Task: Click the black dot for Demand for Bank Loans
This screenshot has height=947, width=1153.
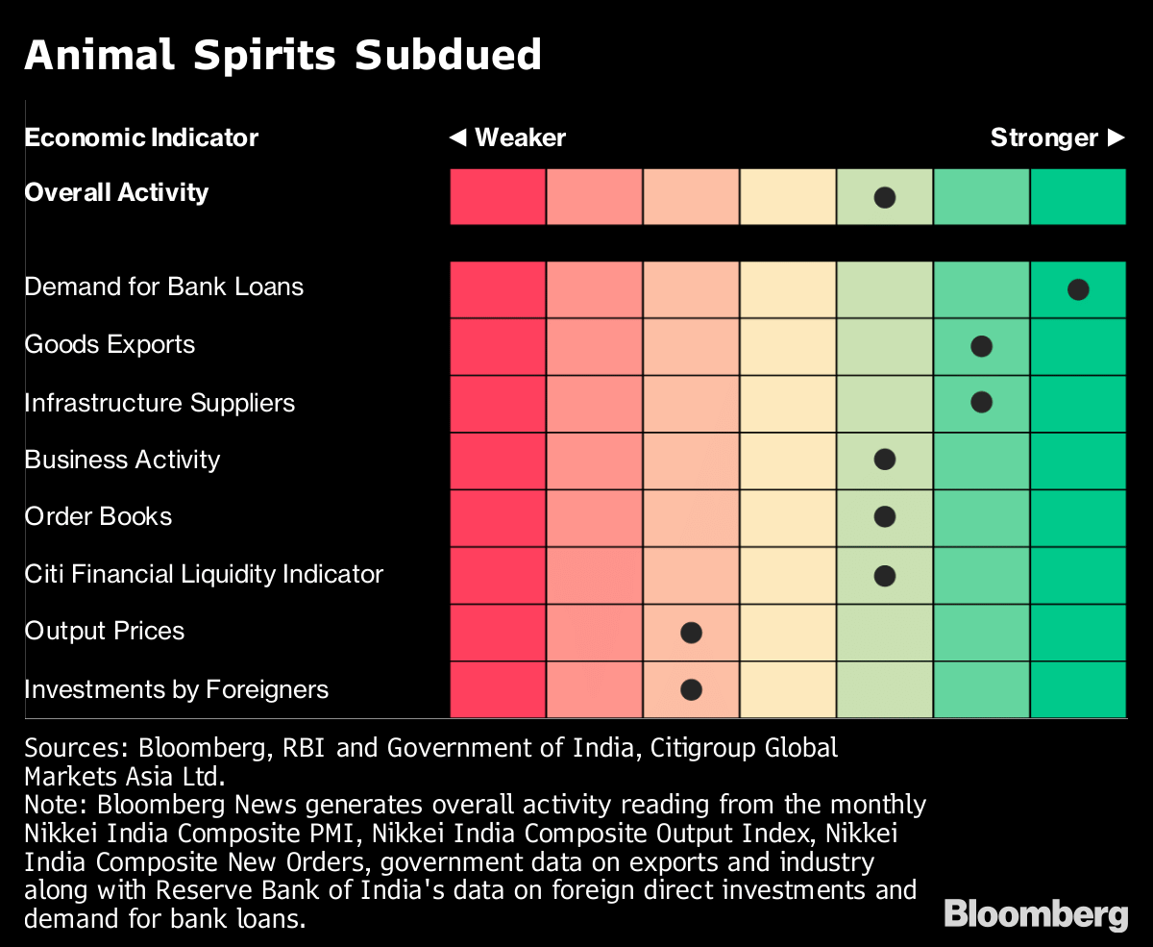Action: click(x=1078, y=289)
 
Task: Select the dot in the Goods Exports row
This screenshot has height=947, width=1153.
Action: click(x=981, y=346)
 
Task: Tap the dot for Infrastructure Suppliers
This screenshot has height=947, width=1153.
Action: click(x=981, y=402)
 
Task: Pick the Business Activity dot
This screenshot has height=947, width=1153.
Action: click(x=885, y=460)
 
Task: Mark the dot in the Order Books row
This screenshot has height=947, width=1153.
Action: click(x=885, y=516)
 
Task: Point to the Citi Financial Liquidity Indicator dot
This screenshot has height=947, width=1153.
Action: click(x=885, y=575)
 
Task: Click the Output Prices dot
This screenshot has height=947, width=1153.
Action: click(x=691, y=633)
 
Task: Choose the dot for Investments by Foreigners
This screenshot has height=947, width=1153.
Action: click(x=691, y=689)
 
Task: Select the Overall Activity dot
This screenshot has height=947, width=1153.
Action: click(x=885, y=198)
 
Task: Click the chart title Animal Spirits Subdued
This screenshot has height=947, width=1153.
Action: click(x=282, y=56)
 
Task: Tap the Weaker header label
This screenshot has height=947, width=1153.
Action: click(x=508, y=137)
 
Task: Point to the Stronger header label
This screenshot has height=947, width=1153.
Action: click(x=1057, y=137)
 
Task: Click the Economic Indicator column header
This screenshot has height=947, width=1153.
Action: click(x=141, y=137)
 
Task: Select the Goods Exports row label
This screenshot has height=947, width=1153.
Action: click(x=110, y=345)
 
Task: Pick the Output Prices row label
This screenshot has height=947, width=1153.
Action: click(x=105, y=632)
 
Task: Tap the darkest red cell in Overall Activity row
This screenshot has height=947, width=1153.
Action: click(x=498, y=197)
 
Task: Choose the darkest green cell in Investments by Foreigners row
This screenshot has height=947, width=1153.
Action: click(x=1078, y=689)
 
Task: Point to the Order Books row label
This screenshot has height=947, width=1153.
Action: click(x=98, y=516)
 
